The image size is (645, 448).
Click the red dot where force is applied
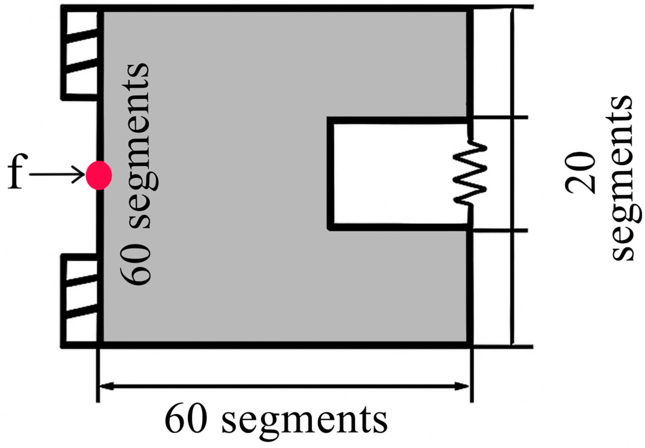[x=98, y=175]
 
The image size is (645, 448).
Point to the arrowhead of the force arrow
[x=80, y=174]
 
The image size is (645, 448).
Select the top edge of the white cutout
[x=399, y=121]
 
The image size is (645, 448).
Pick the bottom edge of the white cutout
[x=399, y=227]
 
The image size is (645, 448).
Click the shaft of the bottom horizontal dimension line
[x=283, y=386]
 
